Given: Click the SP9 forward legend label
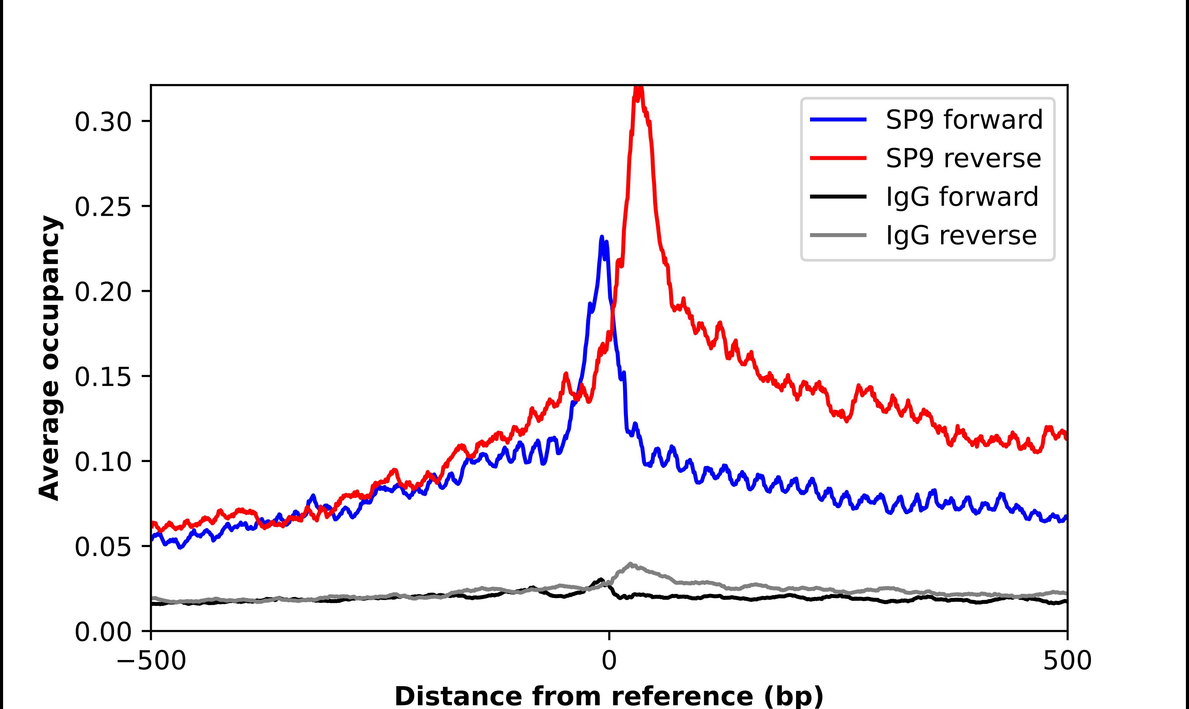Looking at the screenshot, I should click(964, 120).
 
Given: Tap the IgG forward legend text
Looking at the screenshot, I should click(962, 197).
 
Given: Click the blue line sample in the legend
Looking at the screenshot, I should click(838, 120).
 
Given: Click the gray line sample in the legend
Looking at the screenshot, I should click(838, 235).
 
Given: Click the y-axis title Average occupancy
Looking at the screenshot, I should click(50, 358).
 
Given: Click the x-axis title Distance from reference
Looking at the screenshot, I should click(609, 696).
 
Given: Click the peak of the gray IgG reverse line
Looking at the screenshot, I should click(630, 564).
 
